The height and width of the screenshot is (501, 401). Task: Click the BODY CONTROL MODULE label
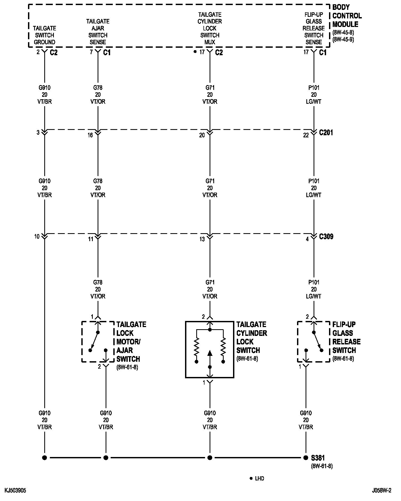coord(347,16)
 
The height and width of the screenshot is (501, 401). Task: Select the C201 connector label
coord(326,133)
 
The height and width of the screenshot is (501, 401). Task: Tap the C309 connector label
coord(326,237)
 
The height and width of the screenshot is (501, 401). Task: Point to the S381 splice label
coord(318,458)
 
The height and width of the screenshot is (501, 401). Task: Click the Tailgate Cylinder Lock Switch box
coord(210,349)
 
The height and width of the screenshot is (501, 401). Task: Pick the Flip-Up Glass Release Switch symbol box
coord(314,342)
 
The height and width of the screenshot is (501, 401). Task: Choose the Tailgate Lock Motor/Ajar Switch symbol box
coord(98,342)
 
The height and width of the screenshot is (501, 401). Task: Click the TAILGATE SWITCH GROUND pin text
coord(45,35)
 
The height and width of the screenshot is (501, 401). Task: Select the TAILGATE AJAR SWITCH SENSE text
coord(98,32)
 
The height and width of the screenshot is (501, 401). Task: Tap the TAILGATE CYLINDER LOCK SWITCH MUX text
coord(210,28)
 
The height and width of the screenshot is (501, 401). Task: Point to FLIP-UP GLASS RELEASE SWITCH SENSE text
coord(314,28)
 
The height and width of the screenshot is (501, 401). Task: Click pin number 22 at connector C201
coord(306,135)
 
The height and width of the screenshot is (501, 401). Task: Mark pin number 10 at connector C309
coord(37,236)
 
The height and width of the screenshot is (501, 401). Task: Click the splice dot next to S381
coord(306,458)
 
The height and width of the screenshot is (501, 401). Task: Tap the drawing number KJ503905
coord(15,491)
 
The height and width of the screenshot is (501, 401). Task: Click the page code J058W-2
coord(382,491)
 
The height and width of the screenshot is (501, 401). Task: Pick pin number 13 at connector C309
coord(202,239)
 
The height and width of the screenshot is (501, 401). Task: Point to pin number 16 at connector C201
coord(90,135)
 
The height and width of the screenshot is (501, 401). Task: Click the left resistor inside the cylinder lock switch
coord(197,347)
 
